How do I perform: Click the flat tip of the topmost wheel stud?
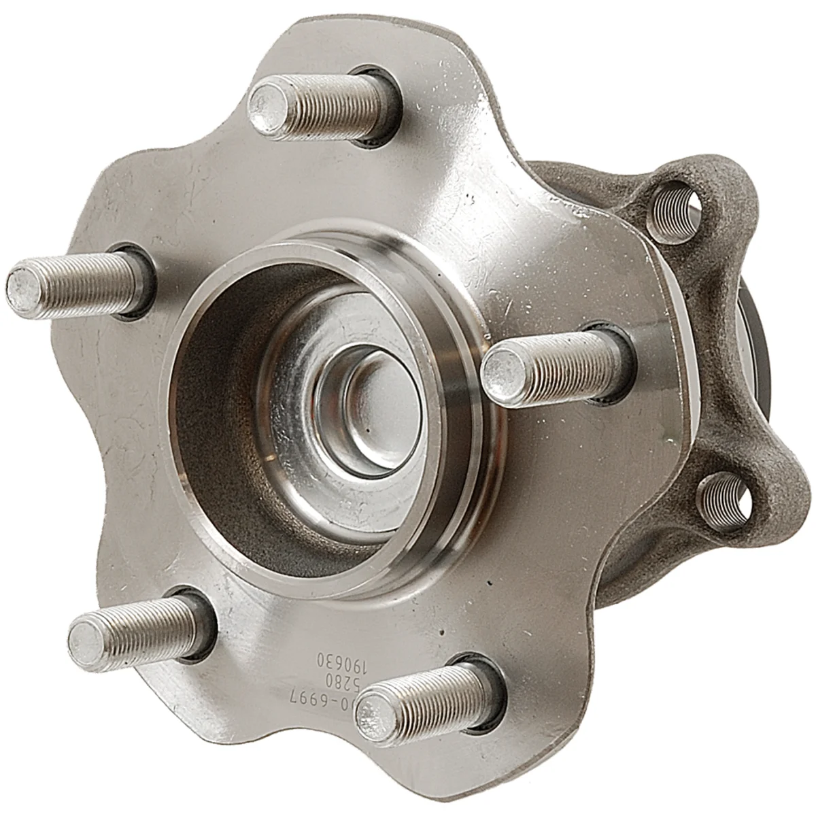268,105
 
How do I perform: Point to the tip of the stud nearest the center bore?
501,373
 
